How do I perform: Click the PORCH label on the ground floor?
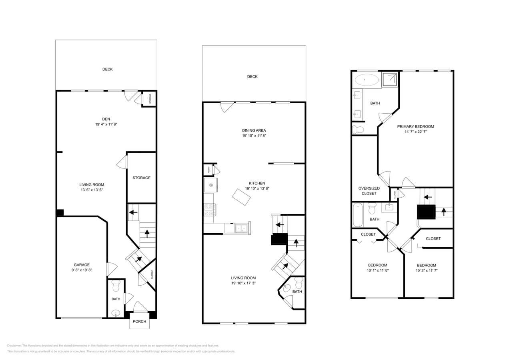click(139, 321)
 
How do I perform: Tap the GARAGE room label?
click(82, 265)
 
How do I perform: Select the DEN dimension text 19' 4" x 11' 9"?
click(106, 124)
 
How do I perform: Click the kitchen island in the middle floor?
click(242, 197)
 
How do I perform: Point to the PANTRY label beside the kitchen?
click(208, 170)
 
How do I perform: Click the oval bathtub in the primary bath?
click(367, 80)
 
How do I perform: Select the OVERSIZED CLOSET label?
click(369, 191)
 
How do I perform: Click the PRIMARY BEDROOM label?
click(415, 126)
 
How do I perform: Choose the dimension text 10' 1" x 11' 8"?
click(377, 270)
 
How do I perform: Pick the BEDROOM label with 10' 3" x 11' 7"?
click(427, 265)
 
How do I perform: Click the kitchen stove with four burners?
click(210, 210)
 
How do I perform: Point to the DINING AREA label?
click(254, 130)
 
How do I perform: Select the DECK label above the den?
click(107, 69)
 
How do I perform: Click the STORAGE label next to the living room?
click(141, 178)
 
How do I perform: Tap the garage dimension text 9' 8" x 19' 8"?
click(82, 270)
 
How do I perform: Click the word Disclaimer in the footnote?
click(14, 346)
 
